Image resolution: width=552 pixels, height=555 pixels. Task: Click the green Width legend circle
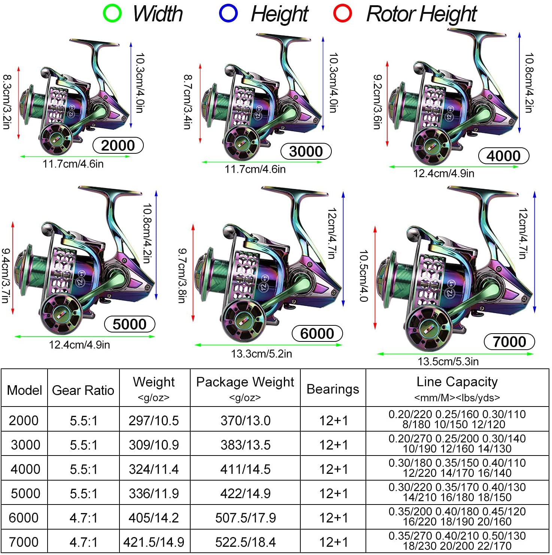tap(112, 13)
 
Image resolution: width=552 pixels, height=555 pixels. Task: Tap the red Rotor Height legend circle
tap(343, 13)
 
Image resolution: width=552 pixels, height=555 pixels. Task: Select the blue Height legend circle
tap(228, 13)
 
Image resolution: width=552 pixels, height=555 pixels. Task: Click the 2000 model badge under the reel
tap(118, 145)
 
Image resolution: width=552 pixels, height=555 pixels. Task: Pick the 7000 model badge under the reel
tap(509, 341)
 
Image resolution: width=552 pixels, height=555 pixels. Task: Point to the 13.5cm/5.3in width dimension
tap(448, 361)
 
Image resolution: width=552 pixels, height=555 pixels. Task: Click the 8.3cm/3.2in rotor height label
tap(7, 102)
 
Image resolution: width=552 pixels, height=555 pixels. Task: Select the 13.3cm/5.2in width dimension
tap(261, 353)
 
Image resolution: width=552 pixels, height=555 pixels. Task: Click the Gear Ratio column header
tap(83, 390)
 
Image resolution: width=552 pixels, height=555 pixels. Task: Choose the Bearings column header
tap(333, 389)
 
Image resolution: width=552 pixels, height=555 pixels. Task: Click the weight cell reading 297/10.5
tap(154, 420)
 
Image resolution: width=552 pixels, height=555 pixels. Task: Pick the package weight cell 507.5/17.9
tap(246, 518)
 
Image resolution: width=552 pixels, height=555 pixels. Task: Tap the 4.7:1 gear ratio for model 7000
tap(84, 542)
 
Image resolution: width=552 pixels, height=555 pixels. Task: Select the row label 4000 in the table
tap(25, 469)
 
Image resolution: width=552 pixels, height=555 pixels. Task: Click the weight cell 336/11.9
tap(154, 493)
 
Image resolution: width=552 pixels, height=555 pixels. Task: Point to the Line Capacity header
tap(457, 381)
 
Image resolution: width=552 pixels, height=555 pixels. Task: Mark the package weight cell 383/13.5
tap(246, 445)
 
